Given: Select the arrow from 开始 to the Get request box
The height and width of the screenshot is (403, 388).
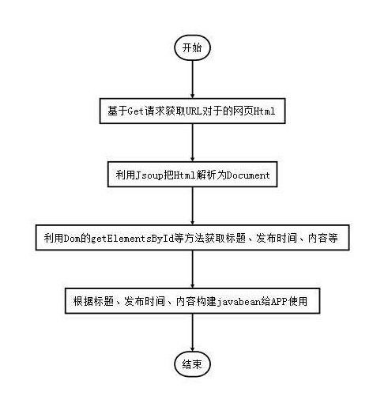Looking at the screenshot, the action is (192, 79).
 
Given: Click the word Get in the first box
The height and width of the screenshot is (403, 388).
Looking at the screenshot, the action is (136, 111).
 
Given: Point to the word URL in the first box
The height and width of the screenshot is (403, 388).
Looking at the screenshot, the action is (194, 111).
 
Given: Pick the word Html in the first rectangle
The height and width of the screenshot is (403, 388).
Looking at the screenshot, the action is (264, 111).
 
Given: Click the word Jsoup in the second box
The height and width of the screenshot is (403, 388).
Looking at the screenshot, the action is (149, 175).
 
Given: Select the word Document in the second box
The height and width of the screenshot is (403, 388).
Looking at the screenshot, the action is (248, 175).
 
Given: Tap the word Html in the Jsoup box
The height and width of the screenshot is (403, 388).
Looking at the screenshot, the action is (184, 175).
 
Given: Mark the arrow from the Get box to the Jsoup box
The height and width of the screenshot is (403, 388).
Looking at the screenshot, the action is (192, 142).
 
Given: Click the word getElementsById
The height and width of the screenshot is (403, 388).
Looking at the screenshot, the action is (132, 239).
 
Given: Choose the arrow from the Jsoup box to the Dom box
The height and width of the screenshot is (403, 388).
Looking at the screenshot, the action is (192, 206).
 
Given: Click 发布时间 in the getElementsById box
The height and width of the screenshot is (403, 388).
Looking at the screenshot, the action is (277, 238).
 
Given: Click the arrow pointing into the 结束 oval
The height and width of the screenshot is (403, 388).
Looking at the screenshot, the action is (192, 333).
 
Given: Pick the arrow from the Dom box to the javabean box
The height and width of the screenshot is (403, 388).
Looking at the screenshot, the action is (192, 269).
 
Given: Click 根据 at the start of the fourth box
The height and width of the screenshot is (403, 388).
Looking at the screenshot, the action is (83, 301).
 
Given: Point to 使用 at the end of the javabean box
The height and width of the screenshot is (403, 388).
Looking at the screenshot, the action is (298, 301).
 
